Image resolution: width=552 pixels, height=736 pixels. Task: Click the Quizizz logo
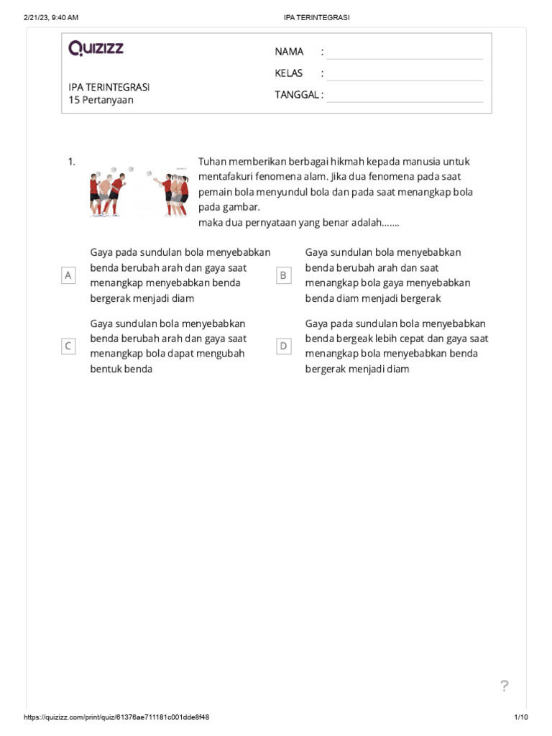coord(96,49)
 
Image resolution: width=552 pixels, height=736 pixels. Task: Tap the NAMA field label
coord(289,52)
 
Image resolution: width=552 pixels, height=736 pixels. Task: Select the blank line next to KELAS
coord(405,73)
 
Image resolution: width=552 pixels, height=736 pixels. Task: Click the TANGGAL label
coord(296,95)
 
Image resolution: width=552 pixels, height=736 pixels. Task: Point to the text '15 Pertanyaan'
coord(101,101)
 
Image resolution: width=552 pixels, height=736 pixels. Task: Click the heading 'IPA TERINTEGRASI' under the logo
coord(109,87)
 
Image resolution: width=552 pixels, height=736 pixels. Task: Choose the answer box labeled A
coord(69,275)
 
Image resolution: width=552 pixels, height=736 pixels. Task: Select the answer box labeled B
coord(284,275)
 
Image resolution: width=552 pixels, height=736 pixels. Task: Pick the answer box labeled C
coord(69,346)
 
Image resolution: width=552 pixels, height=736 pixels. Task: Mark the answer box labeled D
coord(284,346)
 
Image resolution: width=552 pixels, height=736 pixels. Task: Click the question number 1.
coord(72,162)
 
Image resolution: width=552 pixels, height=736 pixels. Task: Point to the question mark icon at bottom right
coord(505,686)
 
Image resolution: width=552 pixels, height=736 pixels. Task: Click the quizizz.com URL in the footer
coord(116,717)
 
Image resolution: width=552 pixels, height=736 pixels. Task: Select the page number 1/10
coord(521,717)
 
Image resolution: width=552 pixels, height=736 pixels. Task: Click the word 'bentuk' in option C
coord(106,369)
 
